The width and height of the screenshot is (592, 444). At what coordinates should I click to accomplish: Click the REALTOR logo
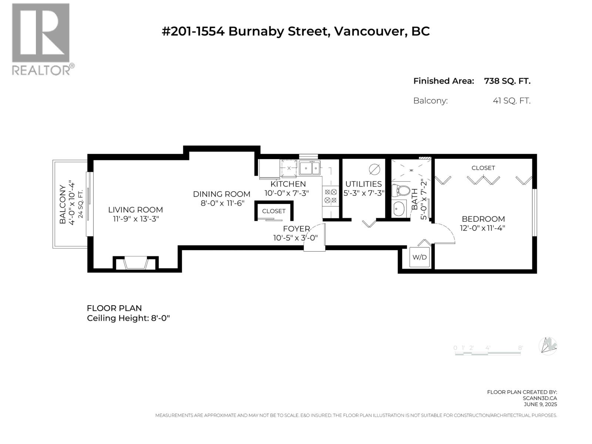(41, 39)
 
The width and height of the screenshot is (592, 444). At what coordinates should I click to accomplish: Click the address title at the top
(296, 31)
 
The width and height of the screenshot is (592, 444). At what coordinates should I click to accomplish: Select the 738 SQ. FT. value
(507, 81)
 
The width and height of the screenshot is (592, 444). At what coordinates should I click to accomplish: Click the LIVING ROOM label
(135, 210)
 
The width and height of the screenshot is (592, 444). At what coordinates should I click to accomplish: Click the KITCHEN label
(288, 184)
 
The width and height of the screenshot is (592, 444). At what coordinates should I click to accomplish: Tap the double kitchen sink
(310, 168)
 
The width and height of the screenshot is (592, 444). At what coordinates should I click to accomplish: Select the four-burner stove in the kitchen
(330, 196)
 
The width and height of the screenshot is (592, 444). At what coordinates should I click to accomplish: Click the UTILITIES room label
(363, 184)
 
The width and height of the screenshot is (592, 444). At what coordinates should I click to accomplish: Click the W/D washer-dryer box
(420, 257)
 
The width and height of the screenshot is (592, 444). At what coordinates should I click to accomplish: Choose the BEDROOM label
(483, 219)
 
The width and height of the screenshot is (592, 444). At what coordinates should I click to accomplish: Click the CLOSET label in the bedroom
(483, 168)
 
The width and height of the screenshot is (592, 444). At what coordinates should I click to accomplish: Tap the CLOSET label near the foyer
(274, 211)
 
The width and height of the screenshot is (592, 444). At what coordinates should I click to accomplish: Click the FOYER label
(296, 229)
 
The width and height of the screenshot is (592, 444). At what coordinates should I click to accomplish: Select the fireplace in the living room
(135, 263)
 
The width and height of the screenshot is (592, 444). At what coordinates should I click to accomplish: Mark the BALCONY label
(63, 204)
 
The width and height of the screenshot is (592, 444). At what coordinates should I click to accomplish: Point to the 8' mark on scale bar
(520, 348)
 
